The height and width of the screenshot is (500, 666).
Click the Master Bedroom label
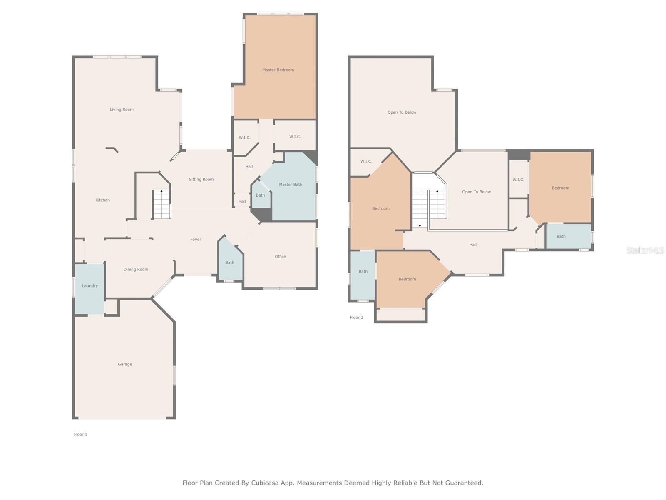(278, 70)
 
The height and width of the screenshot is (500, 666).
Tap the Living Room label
(122, 110)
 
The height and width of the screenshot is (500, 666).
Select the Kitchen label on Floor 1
(102, 200)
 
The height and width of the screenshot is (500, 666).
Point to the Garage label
(125, 364)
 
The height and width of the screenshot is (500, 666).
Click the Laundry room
(89, 288)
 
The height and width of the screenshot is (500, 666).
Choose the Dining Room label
(136, 269)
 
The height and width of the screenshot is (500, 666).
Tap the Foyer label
(195, 240)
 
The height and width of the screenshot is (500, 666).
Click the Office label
(280, 257)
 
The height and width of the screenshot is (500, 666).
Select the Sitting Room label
(201, 180)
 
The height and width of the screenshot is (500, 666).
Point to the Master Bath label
(291, 185)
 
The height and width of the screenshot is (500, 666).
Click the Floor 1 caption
(80, 435)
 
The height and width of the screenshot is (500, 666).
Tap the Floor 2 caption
(356, 317)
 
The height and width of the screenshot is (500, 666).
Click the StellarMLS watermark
(645, 250)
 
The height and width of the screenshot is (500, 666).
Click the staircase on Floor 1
(161, 204)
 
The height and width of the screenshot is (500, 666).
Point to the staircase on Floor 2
(429, 208)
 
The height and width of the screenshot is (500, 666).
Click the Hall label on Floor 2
(473, 245)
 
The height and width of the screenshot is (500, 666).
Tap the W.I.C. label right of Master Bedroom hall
(295, 137)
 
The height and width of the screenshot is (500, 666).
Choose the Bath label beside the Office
(229, 262)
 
